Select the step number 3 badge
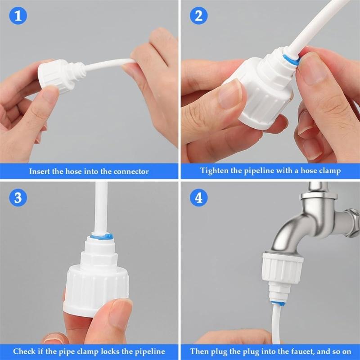18,198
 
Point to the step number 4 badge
198,198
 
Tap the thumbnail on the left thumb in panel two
230,92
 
